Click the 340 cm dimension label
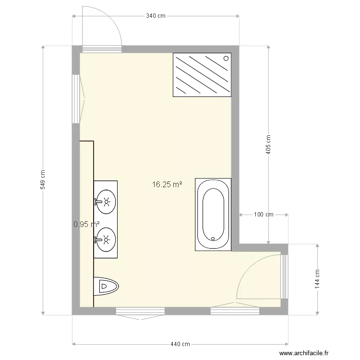point(156,16)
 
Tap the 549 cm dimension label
point(43,180)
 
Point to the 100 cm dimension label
point(263,215)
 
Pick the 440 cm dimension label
point(180,344)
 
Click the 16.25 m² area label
point(167,184)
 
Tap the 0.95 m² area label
point(86,224)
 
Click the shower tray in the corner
point(202,74)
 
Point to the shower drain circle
point(225,58)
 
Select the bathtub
point(213,214)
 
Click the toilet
point(106,287)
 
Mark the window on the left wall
point(75,99)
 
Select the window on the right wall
point(284,276)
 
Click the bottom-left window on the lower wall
point(140,312)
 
